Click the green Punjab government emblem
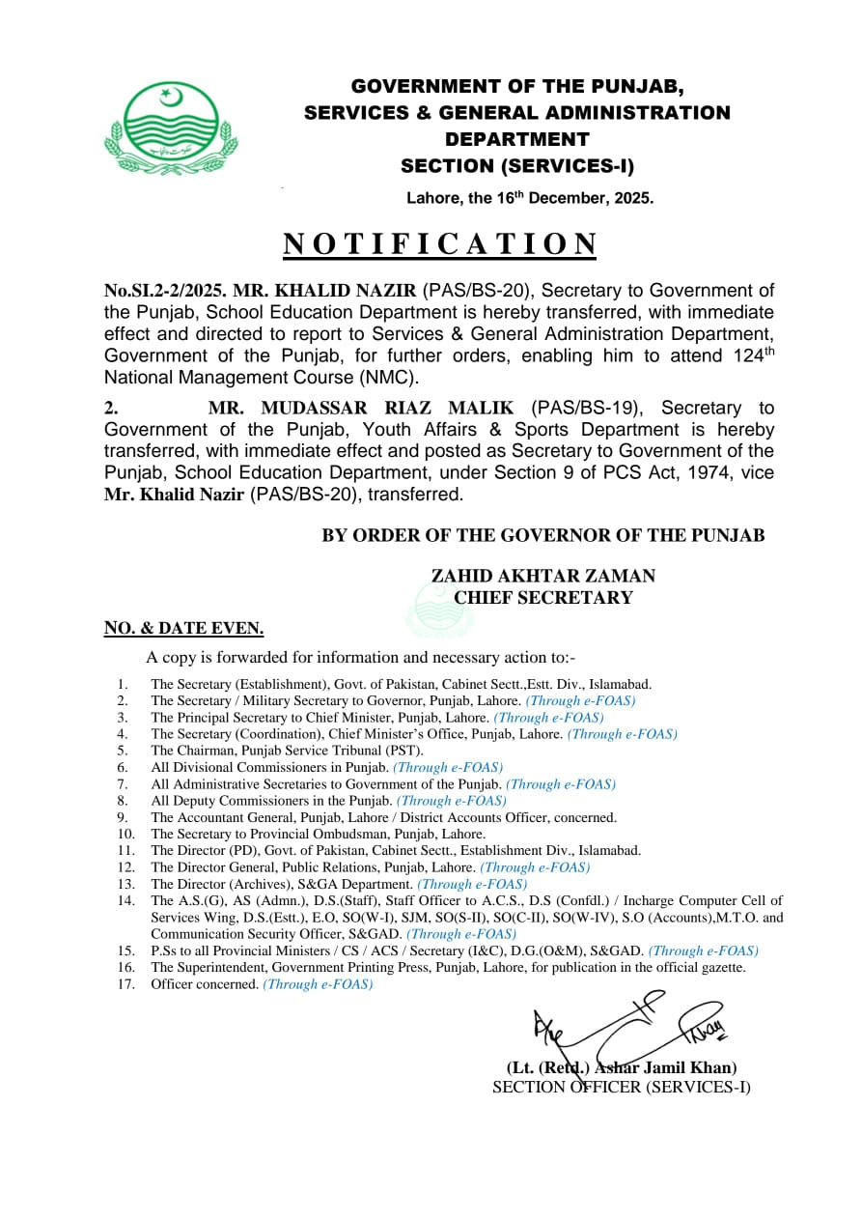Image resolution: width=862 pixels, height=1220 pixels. pyautogui.click(x=170, y=128)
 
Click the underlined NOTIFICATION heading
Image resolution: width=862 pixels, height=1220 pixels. pyautogui.click(x=439, y=244)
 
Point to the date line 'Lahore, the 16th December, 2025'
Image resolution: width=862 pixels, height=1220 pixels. pyautogui.click(x=529, y=199)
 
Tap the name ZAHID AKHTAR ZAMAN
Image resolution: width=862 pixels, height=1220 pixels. pyautogui.click(x=542, y=576)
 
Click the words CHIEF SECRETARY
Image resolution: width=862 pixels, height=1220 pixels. pyautogui.click(x=542, y=598)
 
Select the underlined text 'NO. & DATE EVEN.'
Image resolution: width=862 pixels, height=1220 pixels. pyautogui.click(x=183, y=629)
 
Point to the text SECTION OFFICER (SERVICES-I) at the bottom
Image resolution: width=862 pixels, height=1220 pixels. pyautogui.click(x=621, y=1087)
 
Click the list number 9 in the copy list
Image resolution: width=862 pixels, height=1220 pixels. pyautogui.click(x=123, y=817)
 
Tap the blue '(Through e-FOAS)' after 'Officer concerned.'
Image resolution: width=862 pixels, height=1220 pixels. pyautogui.click(x=318, y=984)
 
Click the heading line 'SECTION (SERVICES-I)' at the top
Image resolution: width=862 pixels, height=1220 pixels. pyautogui.click(x=517, y=166)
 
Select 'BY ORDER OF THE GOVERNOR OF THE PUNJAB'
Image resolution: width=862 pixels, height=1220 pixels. pyautogui.click(x=542, y=535)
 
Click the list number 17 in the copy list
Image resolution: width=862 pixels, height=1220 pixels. pyautogui.click(x=125, y=984)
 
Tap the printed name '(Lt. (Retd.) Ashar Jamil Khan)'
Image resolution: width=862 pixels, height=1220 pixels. pyautogui.click(x=622, y=1067)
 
